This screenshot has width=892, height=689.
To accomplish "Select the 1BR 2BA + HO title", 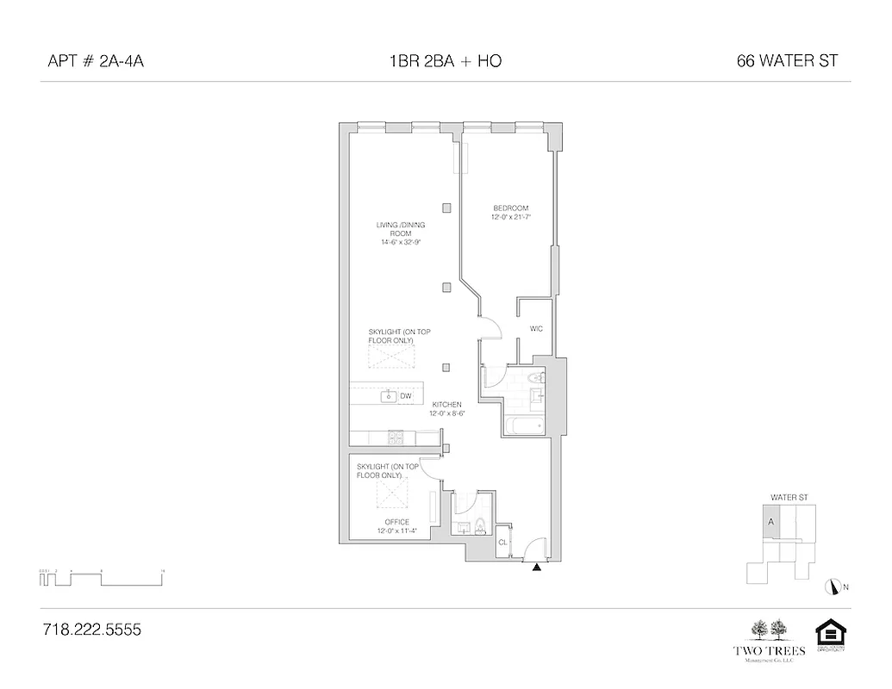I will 446,61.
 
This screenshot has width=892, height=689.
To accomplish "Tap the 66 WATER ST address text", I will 788,61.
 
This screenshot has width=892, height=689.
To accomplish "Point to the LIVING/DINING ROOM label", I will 400,233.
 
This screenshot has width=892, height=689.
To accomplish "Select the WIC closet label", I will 535,329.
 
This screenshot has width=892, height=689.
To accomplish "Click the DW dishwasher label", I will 405,396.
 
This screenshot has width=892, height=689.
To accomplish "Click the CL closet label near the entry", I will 502,542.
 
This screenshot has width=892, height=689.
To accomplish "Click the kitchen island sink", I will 390,396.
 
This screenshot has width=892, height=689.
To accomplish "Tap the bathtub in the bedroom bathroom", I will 525,426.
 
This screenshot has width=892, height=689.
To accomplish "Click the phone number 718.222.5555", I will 91,630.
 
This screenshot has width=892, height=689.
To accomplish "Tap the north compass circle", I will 833,587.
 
